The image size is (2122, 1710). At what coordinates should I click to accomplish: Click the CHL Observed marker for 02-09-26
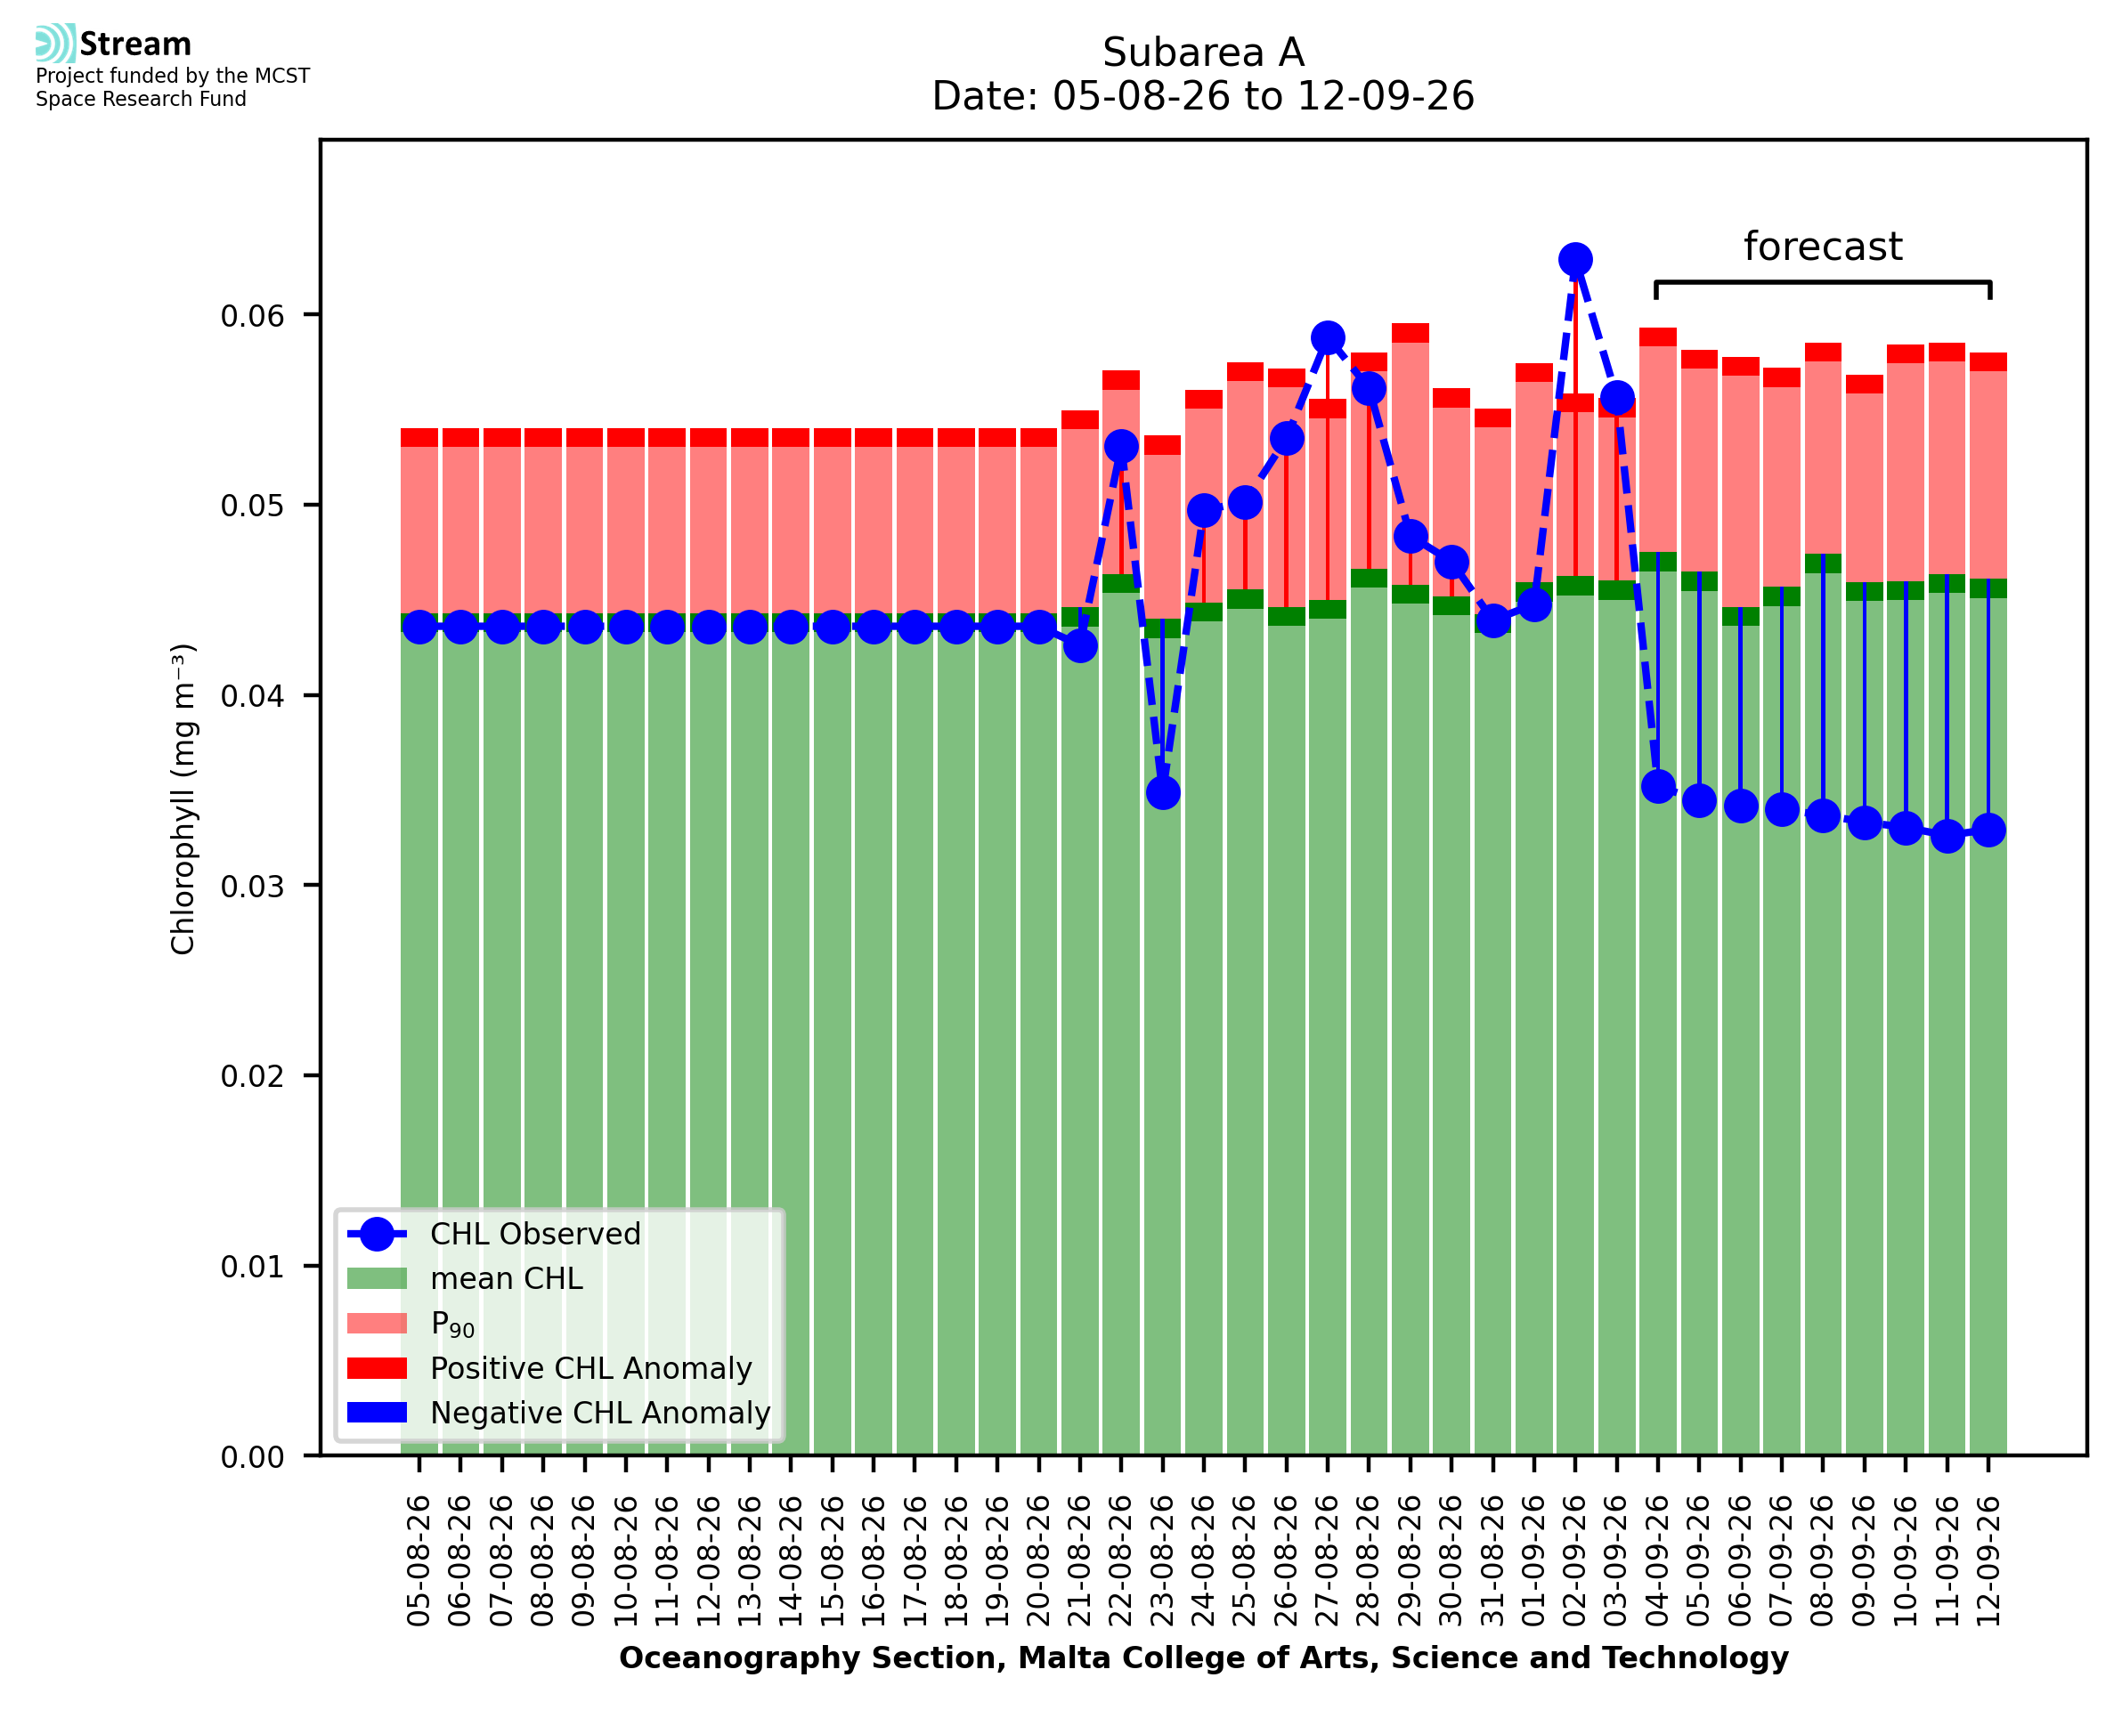tap(1575, 260)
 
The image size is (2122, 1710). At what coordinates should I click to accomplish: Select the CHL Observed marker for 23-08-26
tap(1162, 793)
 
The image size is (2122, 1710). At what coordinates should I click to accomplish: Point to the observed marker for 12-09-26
tap(1988, 831)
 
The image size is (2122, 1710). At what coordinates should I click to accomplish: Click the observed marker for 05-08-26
tap(419, 628)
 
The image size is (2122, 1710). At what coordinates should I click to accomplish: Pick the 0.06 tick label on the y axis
tap(252, 316)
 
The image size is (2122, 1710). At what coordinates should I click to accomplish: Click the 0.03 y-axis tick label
tap(252, 887)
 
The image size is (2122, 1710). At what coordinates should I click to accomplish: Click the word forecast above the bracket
tap(1823, 247)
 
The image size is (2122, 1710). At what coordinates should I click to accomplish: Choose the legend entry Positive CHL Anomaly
tap(549, 1368)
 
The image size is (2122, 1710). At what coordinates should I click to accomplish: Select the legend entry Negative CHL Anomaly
tap(558, 1413)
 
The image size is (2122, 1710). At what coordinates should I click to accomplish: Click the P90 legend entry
tap(411, 1324)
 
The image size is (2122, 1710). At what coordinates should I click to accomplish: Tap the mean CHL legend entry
tap(465, 1278)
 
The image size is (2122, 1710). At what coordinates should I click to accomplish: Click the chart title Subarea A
tap(1203, 53)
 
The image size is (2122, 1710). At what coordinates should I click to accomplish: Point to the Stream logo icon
tap(55, 44)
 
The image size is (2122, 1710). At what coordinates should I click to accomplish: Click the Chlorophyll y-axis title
tap(183, 798)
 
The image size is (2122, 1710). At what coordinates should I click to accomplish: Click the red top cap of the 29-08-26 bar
tap(1411, 333)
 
